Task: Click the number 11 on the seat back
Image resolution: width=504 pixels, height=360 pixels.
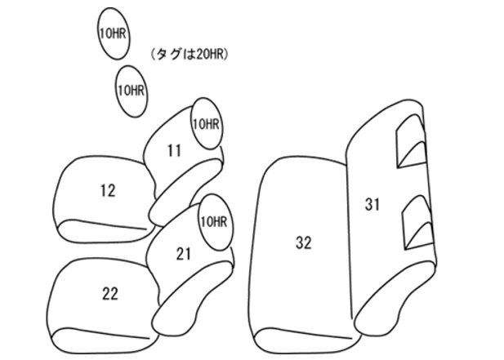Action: (174, 151)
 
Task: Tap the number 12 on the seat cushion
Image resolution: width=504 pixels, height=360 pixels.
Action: (108, 191)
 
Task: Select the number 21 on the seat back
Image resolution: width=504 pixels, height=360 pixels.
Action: (184, 254)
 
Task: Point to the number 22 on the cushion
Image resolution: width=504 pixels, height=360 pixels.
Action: (110, 294)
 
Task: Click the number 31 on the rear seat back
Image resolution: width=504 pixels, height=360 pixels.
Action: (372, 205)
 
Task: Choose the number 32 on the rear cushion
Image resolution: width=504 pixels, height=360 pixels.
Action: (303, 242)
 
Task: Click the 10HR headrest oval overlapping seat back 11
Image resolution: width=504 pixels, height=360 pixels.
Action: (207, 123)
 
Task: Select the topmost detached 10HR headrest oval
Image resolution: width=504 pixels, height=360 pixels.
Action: (114, 33)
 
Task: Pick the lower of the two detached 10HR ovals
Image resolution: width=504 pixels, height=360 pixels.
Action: (132, 91)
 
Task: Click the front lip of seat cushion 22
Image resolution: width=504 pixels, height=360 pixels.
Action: (104, 341)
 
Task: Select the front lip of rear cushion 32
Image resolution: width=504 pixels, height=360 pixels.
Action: (306, 341)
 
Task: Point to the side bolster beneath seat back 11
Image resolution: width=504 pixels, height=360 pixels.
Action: (186, 193)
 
